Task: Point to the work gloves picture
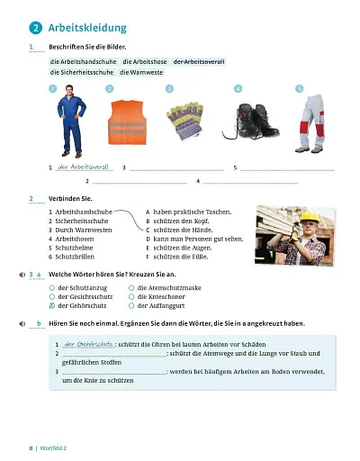(182, 118)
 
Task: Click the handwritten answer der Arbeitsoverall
(83, 167)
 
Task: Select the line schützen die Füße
(181, 257)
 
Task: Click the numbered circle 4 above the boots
(238, 88)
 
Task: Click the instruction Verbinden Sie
(71, 197)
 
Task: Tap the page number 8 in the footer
(31, 447)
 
